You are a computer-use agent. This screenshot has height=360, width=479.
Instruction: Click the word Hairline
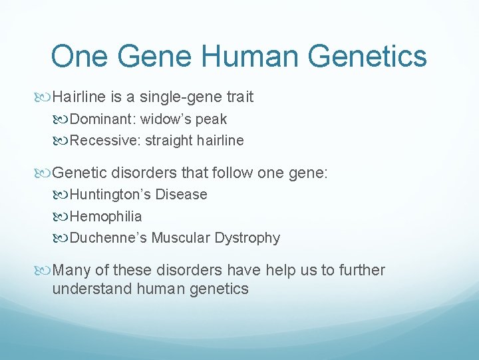pos(79,97)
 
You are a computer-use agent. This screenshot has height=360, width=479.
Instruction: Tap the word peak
pos(212,120)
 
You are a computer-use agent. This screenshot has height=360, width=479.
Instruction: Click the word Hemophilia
pos(106,216)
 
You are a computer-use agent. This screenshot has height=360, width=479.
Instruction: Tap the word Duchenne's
pos(108,238)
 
